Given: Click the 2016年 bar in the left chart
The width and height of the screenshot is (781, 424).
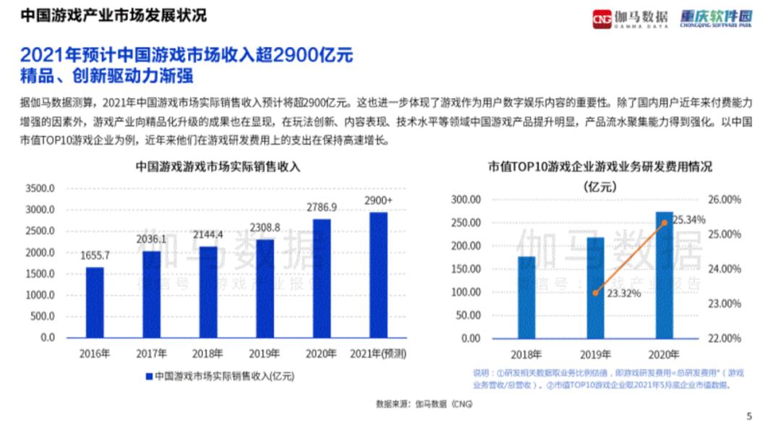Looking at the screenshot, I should point(95,302).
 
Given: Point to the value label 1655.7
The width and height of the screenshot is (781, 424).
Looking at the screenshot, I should point(95,255).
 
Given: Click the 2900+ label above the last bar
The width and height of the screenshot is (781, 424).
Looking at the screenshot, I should point(377,200).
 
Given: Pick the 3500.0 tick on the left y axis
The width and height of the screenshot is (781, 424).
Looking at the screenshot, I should point(40,189).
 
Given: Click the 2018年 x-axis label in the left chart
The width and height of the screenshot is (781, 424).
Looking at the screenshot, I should point(208,354).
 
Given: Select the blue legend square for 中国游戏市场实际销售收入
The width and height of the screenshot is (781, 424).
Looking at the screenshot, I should point(150,376).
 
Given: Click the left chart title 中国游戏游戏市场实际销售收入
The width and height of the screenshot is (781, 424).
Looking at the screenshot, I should point(218,166).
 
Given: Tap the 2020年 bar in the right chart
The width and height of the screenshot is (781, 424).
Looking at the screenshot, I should point(664,275).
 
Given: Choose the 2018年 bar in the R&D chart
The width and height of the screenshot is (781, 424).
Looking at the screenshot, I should point(526,297).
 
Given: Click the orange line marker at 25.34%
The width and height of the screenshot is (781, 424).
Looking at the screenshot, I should point(664,223).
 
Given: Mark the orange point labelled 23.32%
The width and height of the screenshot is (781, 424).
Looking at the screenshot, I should point(595,292).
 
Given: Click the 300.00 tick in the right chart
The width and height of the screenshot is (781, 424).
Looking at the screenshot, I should point(466,200).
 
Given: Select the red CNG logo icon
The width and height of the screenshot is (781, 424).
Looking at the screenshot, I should point(602,18).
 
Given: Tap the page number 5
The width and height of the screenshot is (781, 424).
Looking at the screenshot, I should point(748,415).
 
